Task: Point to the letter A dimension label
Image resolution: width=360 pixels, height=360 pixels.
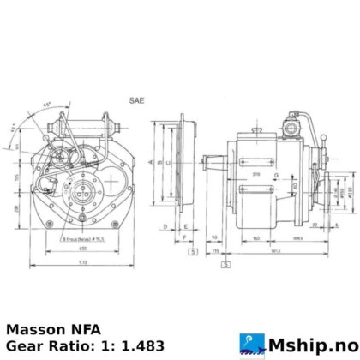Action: (150, 161)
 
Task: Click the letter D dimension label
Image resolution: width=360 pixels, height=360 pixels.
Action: (164, 227)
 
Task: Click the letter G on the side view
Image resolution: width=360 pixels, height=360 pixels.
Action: (273, 176)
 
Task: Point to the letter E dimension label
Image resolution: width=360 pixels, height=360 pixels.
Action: (185, 227)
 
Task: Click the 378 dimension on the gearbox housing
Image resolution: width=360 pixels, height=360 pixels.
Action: (255, 173)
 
